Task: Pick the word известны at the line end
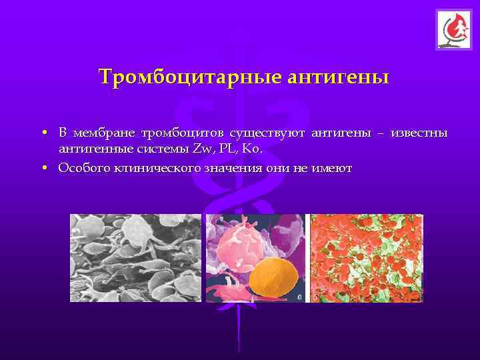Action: point(419,134)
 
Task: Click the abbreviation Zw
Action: point(200,149)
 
